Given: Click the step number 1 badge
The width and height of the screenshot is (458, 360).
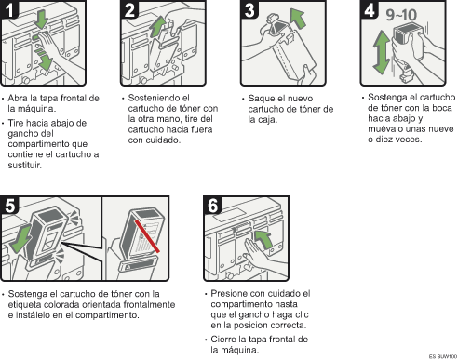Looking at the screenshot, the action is point(9,9).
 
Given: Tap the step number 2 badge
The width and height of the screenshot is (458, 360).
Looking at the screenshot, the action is point(129,9).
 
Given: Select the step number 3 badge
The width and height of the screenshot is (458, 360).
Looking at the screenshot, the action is point(249,9).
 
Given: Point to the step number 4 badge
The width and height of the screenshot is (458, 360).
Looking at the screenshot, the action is point(370,9).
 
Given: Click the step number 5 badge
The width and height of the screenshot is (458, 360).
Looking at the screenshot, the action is point(9,206).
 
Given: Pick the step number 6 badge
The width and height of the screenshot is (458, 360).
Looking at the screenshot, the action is point(212,206).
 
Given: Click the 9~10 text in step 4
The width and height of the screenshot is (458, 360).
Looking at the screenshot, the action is point(401,15).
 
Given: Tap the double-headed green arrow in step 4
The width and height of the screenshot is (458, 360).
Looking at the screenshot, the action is point(382,52).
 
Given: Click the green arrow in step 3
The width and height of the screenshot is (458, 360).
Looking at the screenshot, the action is point(297,19).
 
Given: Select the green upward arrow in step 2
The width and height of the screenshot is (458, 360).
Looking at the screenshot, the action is point(158,26).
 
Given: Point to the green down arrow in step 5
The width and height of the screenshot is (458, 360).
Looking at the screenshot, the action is point(21,239).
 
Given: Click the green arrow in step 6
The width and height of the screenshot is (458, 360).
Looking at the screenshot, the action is point(263,239).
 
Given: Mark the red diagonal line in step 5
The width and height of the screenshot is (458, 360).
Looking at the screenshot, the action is point(147,236).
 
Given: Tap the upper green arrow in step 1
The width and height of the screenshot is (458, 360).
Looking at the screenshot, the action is point(41,19).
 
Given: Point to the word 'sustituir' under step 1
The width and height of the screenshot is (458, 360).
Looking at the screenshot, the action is point(24,165).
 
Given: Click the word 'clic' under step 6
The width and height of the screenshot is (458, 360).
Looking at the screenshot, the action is point(301,314).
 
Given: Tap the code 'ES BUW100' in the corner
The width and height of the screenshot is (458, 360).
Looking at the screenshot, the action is point(443,356).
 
